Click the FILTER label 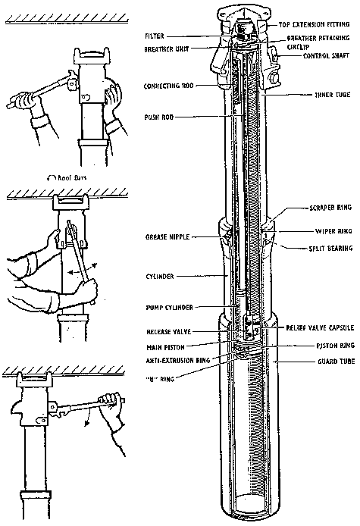coord(155,36)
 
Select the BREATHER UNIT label coord(167,49)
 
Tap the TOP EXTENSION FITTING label coord(314,24)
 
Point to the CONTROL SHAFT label coord(326,55)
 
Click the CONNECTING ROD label coord(169,86)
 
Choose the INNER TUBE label coord(332,95)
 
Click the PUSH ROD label coord(159,117)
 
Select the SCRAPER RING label coord(330,208)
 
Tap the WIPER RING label coord(333,231)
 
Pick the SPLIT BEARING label coord(330,249)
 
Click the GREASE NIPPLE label coord(167,237)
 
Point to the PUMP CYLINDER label coord(169,308)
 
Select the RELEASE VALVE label coord(169,332)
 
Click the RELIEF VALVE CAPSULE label coord(320,327)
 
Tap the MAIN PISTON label coord(165,346)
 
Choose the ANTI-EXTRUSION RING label coord(178,361)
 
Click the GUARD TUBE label coord(337,362)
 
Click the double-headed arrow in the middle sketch coord(82,269)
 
